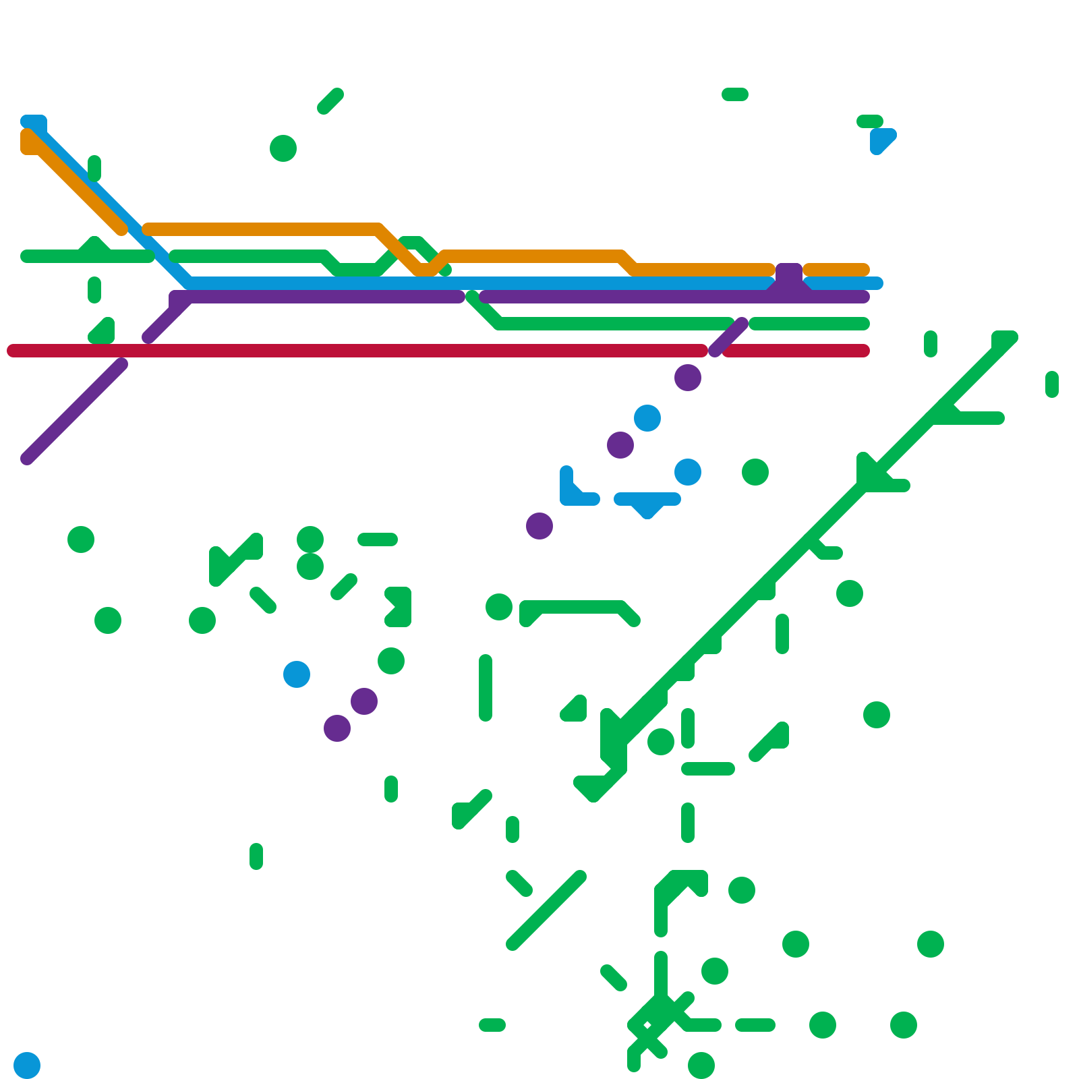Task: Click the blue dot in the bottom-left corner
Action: (x=27, y=1066)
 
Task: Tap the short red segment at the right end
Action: (x=796, y=351)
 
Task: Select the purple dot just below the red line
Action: (x=688, y=378)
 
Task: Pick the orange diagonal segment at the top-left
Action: (x=74, y=182)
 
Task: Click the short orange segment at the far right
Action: (x=836, y=270)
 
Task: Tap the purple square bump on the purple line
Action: (x=789, y=276)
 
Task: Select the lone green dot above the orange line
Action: (x=283, y=148)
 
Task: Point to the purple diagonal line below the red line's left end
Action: (x=74, y=411)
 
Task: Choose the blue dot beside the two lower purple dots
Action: (x=297, y=674)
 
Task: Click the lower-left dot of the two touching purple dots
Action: (x=337, y=728)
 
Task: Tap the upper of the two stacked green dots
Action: (x=310, y=539)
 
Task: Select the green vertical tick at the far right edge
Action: (x=1052, y=384)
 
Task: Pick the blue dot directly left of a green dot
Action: (x=688, y=472)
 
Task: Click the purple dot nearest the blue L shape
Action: (x=539, y=526)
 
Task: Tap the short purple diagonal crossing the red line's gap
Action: (x=728, y=337)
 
